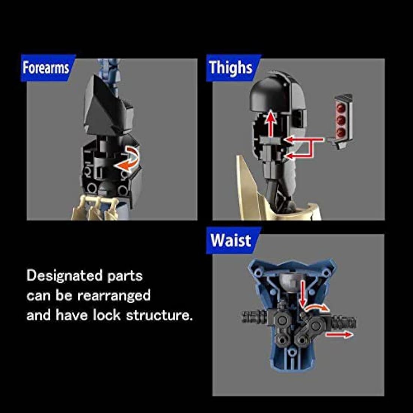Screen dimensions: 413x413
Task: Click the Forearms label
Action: coord(46,68)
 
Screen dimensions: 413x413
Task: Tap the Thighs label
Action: coord(231,68)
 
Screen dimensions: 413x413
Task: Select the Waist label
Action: coord(231,240)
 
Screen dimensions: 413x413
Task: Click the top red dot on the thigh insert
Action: coord(342,108)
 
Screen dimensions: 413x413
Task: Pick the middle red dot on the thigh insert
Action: coord(342,119)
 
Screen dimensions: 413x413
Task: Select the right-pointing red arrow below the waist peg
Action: coord(339,335)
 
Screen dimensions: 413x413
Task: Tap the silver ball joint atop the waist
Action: coord(289,283)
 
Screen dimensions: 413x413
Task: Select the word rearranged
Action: coord(114,295)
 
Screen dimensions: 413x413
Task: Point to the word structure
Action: coord(159,315)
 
